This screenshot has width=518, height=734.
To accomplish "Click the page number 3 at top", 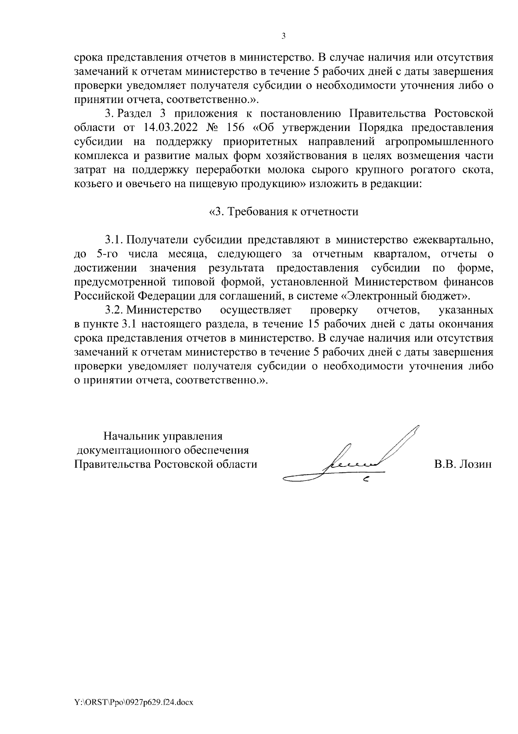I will click(x=283, y=36).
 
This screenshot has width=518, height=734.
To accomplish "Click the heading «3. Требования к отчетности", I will click(x=284, y=212).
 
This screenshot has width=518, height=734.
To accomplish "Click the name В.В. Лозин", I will click(x=463, y=464).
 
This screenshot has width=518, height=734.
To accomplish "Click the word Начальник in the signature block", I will click(x=129, y=436).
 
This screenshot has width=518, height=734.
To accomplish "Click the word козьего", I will click(x=91, y=184).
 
